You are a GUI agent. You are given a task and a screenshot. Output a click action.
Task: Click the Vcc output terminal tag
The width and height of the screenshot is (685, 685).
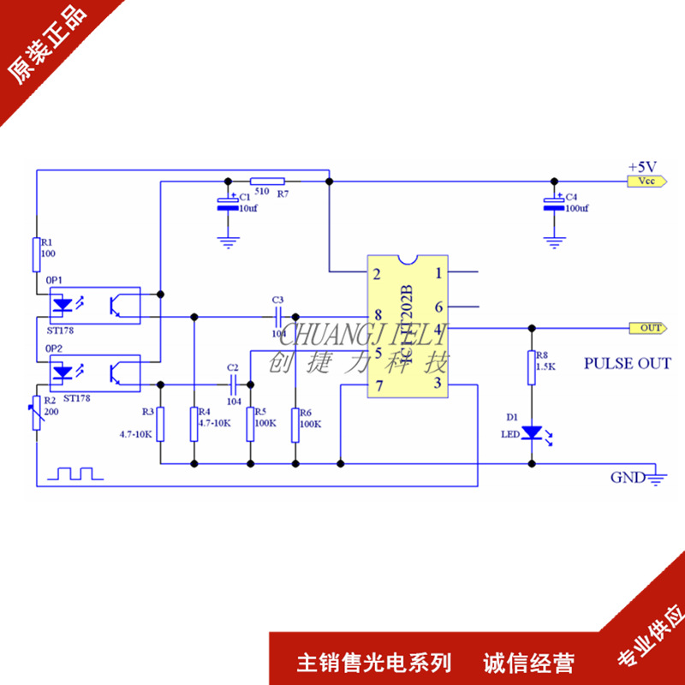(642, 182)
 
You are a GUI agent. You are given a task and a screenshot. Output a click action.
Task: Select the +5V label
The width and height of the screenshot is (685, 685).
(641, 165)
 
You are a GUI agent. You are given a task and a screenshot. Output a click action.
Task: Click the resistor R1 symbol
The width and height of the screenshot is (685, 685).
(37, 253)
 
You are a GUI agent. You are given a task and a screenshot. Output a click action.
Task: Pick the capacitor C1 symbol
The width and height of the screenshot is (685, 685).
(227, 203)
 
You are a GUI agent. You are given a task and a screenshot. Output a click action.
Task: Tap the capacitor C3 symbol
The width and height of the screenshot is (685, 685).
(277, 316)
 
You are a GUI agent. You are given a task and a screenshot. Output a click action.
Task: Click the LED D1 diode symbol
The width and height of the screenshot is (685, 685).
(532, 432)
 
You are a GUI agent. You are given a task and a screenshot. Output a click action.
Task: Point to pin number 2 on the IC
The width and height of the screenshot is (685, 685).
(377, 275)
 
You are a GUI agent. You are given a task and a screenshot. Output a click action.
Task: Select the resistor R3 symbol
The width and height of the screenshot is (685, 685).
(160, 423)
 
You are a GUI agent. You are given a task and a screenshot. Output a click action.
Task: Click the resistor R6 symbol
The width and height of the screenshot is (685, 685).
(295, 423)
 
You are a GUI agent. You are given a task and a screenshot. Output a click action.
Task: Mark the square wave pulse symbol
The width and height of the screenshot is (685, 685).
(74, 474)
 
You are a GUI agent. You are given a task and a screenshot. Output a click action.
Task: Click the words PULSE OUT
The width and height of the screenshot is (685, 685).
(627, 363)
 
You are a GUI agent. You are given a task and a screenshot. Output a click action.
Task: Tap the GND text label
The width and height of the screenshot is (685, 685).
(626, 478)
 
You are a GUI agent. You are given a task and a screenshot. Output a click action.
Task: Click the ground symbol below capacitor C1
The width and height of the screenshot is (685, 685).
(227, 241)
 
